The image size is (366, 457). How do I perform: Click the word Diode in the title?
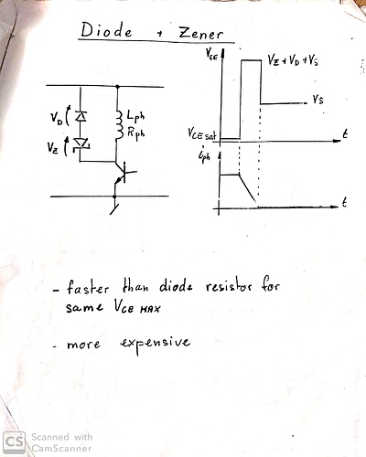coord(106,30)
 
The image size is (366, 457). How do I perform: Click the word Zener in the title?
coord(201,33)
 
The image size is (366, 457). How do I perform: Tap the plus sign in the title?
coord(159,34)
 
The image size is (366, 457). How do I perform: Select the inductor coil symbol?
coord(119,126)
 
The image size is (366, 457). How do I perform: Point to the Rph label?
coord(135,133)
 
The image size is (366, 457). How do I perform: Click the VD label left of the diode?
coord(56,117)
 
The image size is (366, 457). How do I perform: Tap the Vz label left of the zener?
coord(52,148)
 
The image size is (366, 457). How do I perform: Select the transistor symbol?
coord(123,175)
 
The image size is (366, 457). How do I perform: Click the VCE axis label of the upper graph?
coord(211,55)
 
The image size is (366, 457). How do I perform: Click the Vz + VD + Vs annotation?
coord(293,60)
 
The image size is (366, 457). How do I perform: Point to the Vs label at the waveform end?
coord(318,100)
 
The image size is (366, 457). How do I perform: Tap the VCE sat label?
coord(202,133)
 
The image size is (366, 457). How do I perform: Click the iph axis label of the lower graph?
coord(204,156)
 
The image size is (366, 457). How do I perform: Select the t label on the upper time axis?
coord(345,133)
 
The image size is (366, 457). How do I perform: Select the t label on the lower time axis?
coord(344,202)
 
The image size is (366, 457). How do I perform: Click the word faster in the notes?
coord(87,287)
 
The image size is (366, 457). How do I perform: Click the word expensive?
coord(156,344)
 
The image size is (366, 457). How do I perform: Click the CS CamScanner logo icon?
coord(14,441)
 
